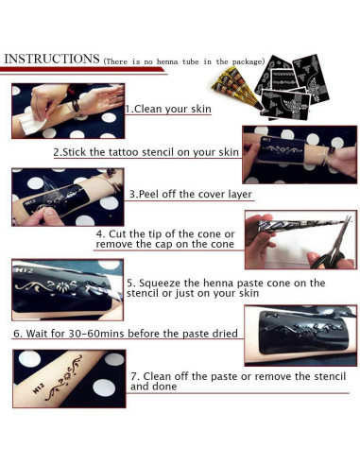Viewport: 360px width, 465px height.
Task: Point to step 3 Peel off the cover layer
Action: coord(190,194)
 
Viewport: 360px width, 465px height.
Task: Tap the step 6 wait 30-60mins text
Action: coord(123,334)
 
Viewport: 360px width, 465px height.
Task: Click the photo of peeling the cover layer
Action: coord(67,195)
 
